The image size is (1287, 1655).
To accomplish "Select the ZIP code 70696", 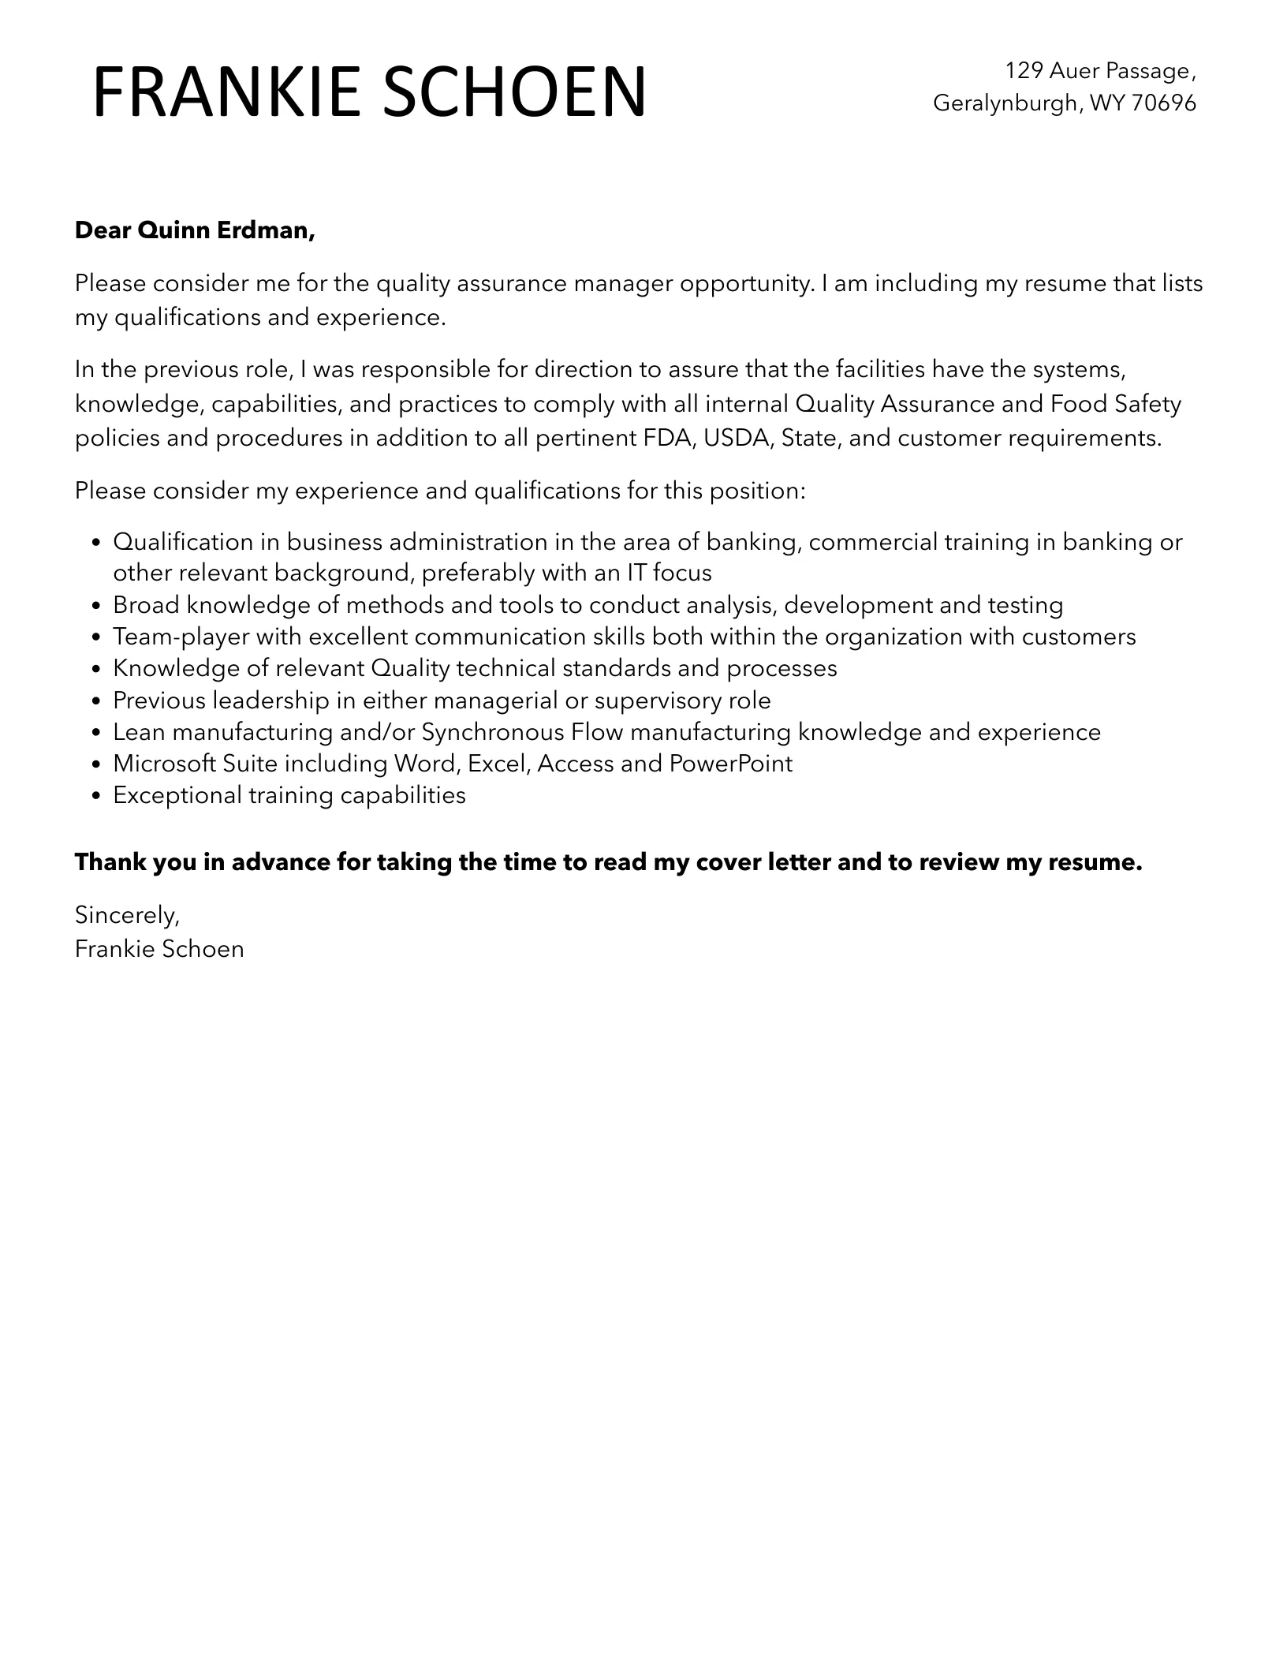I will [x=1163, y=103].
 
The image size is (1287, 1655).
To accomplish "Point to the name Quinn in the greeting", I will [x=168, y=230].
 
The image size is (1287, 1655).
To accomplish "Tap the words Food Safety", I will [x=1116, y=404].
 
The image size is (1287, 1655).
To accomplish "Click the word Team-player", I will [x=181, y=637].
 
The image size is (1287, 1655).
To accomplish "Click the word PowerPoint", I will [x=731, y=764].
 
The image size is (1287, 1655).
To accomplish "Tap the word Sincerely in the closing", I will [x=127, y=915].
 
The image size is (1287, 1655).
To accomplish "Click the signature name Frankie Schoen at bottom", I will [x=159, y=949].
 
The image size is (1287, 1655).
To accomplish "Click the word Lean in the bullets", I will [x=138, y=732].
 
